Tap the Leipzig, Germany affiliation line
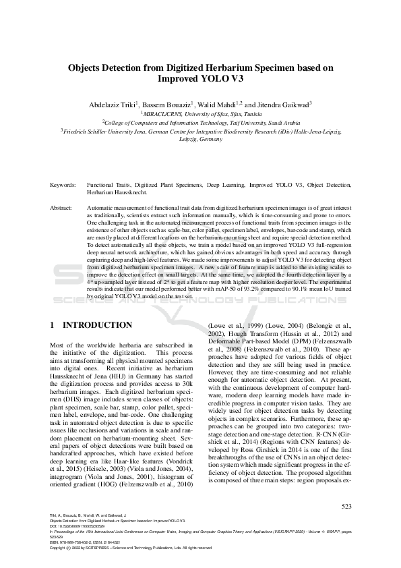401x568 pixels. point(200,141)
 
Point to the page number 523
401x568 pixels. point(346,505)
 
